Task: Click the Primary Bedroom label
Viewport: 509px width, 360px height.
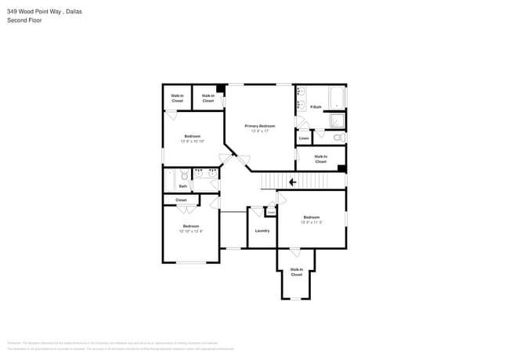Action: [x=259, y=126]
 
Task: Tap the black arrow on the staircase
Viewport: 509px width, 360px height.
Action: [x=292, y=182]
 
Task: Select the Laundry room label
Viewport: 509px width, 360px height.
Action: [x=262, y=230]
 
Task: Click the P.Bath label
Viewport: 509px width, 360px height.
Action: [x=316, y=106]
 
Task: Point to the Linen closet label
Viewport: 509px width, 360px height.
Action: [x=304, y=139]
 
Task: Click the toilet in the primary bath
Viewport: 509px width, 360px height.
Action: [x=338, y=138]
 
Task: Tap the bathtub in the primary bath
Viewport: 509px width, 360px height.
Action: [x=338, y=97]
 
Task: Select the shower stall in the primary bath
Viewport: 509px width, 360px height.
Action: [x=336, y=120]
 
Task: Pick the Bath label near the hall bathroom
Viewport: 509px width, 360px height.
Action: [x=182, y=186]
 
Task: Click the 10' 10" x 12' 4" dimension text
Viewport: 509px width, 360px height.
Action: [x=191, y=231]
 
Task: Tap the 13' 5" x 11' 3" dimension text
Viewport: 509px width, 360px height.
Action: [x=311, y=222]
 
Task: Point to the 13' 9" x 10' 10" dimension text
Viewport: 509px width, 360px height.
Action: [x=192, y=141]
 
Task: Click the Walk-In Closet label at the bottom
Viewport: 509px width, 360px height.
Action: [x=296, y=272]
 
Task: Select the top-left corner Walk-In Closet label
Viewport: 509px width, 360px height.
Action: [x=177, y=99]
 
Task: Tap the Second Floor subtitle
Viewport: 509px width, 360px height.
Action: [x=25, y=20]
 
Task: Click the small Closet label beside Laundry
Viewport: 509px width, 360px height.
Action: [x=271, y=211]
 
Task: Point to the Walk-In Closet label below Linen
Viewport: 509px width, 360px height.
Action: [x=320, y=159]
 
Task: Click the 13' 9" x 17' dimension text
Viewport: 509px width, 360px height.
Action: [x=259, y=131]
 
